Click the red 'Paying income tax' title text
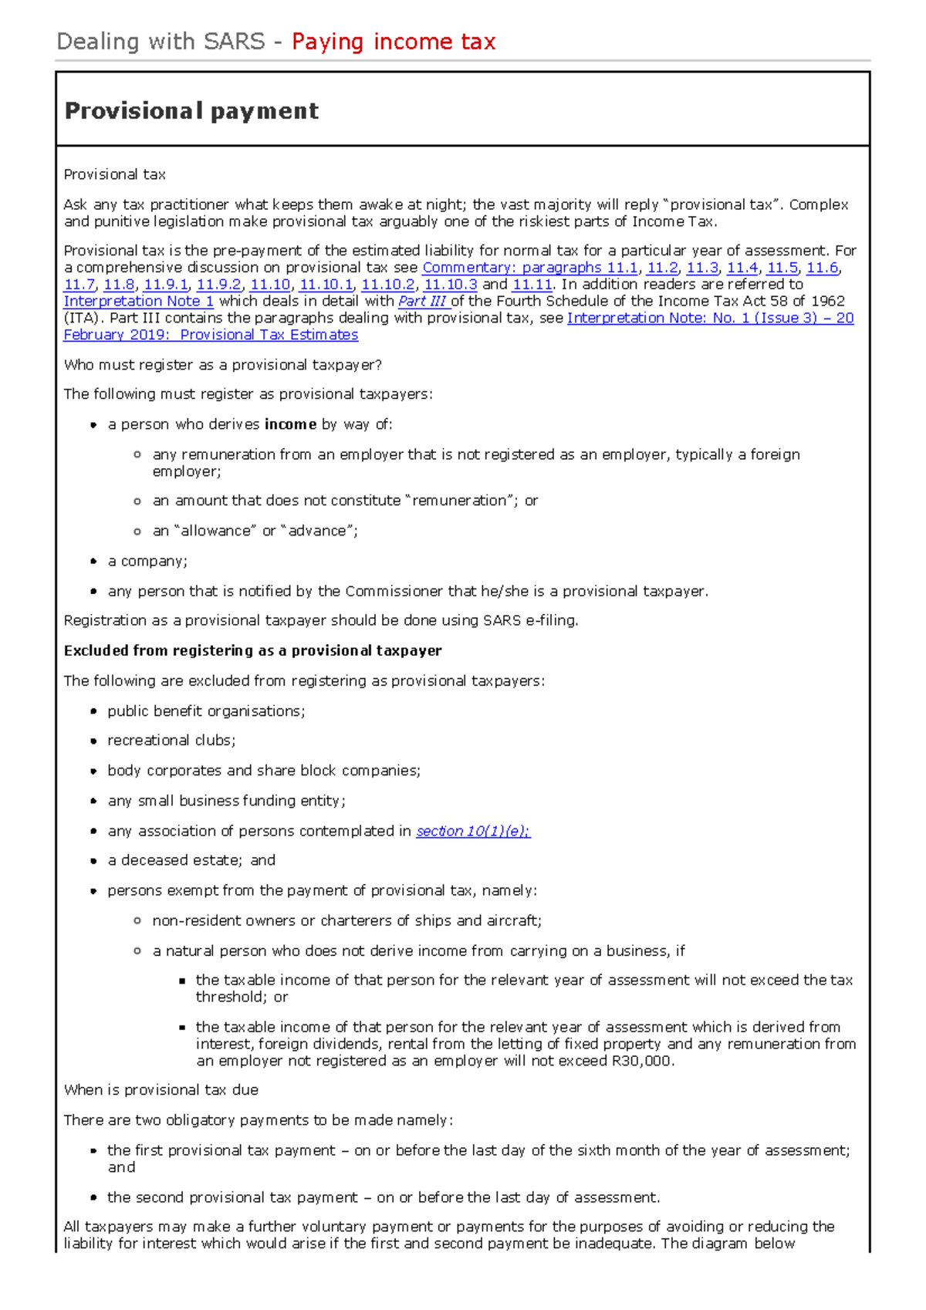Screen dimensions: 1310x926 click(x=394, y=42)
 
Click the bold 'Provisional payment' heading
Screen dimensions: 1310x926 click(x=191, y=111)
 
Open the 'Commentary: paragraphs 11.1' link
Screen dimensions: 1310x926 click(x=529, y=268)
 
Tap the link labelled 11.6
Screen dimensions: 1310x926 click(x=822, y=268)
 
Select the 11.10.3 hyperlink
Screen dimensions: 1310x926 click(x=451, y=285)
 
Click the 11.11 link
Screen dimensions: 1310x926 click(x=532, y=285)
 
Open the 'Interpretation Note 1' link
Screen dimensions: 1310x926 click(x=138, y=302)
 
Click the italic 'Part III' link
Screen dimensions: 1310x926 click(x=422, y=302)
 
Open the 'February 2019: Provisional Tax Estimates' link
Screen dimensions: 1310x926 click(x=211, y=335)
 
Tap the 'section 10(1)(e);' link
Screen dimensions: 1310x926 click(x=473, y=831)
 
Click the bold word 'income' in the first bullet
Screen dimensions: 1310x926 click(x=290, y=424)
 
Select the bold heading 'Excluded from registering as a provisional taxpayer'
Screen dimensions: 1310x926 click(x=252, y=650)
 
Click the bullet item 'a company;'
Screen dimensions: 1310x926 click(x=147, y=561)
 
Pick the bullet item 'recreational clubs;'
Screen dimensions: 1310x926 click(x=171, y=741)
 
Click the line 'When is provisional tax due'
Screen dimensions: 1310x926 click(x=161, y=1090)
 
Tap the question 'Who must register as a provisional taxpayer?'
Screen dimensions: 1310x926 click(x=222, y=365)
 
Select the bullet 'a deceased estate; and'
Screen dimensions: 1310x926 click(x=191, y=860)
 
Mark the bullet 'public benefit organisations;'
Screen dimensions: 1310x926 click(x=206, y=711)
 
